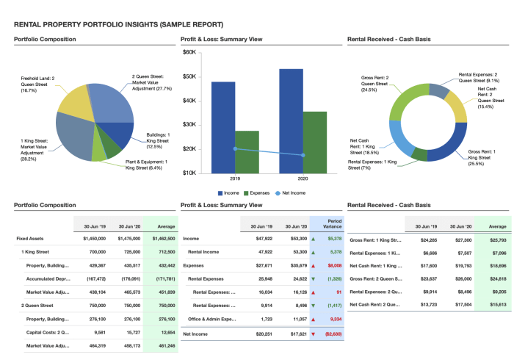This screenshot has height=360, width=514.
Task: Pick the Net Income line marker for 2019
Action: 235,148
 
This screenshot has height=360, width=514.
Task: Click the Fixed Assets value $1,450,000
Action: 91,239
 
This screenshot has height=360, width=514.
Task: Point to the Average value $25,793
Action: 498,240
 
